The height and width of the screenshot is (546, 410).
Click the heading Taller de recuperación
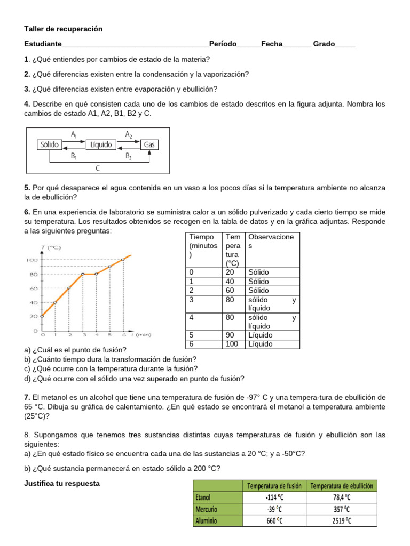coord(63,29)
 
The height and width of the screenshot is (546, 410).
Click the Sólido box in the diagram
coord(49,144)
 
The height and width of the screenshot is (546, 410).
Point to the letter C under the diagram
coord(98,168)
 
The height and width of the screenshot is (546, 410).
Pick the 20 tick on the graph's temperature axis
coord(33,316)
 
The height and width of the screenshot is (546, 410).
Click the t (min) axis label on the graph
coord(140,335)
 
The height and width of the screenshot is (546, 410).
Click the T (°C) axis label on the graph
coord(50,247)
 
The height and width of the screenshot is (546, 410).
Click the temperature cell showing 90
coord(232,335)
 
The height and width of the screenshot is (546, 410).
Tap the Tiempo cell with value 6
coord(192,344)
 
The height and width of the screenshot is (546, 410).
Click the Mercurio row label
coord(207,509)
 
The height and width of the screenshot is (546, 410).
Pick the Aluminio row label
coord(207,521)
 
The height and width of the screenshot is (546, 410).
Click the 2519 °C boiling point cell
coord(342,521)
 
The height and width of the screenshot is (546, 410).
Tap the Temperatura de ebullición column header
coord(342,486)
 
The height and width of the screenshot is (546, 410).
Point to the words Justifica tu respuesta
coord(62,484)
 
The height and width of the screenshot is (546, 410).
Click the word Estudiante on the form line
coord(43,44)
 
